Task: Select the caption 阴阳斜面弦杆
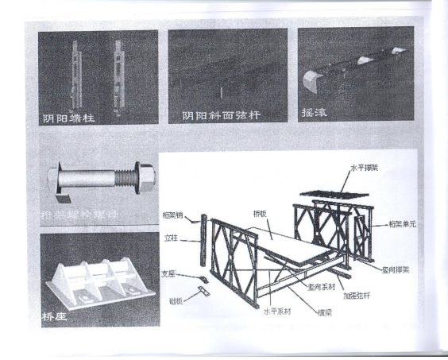pos(222,115)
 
